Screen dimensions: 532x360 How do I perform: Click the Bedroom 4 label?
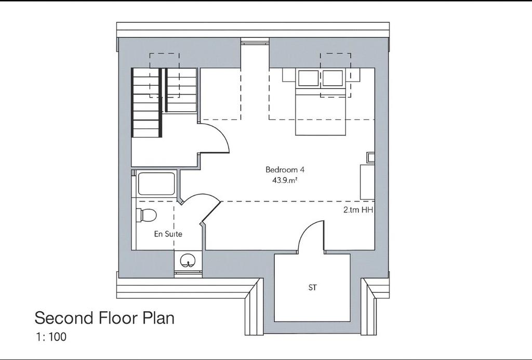[282, 169]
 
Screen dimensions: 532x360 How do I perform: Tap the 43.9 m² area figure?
[284, 180]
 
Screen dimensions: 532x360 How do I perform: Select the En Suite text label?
[168, 234]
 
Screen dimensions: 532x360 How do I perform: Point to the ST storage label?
[312, 288]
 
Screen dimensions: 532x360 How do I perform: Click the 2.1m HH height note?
[358, 210]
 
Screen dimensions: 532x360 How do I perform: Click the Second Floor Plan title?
[104, 318]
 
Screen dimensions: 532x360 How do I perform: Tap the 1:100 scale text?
[51, 337]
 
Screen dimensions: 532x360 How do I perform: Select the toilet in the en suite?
[146, 215]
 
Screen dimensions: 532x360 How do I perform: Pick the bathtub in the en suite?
[156, 184]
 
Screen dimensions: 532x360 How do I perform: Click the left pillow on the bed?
[308, 78]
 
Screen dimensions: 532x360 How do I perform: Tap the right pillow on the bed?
[332, 78]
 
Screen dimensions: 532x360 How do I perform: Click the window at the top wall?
[255, 42]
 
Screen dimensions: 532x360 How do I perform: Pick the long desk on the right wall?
[367, 182]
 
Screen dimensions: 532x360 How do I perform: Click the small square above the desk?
[370, 157]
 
